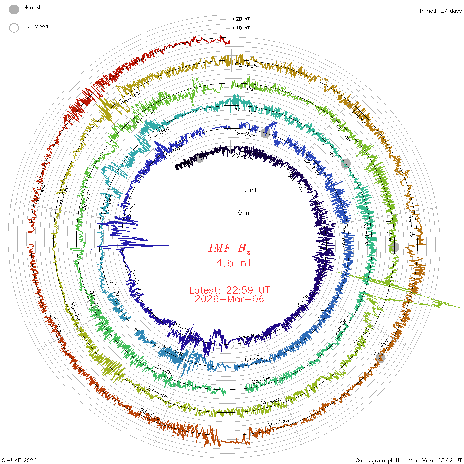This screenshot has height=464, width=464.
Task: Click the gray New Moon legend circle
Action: click(14, 10)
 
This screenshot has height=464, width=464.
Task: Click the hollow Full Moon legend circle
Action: click(14, 28)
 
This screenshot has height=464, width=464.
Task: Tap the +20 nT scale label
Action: click(241, 19)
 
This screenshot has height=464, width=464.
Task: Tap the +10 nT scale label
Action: click(241, 28)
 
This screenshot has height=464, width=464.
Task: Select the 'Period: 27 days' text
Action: click(440, 11)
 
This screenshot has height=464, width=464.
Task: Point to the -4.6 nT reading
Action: click(230, 263)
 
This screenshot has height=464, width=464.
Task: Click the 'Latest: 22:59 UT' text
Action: click(229, 290)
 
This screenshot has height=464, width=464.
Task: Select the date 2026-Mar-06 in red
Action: click(229, 299)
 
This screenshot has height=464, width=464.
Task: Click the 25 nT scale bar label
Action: click(247, 190)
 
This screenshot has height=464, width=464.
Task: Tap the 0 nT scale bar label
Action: click(245, 213)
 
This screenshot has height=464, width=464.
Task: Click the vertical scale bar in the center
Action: click(228, 202)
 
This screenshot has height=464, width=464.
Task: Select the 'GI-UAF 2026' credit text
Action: click(19, 460)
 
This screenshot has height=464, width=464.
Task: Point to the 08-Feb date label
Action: click(246, 65)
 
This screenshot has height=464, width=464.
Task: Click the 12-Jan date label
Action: click(246, 88)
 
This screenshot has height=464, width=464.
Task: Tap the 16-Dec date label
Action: click(246, 111)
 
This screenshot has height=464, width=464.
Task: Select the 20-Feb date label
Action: click(278, 423)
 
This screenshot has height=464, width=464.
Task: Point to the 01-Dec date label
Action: click(256, 359)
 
